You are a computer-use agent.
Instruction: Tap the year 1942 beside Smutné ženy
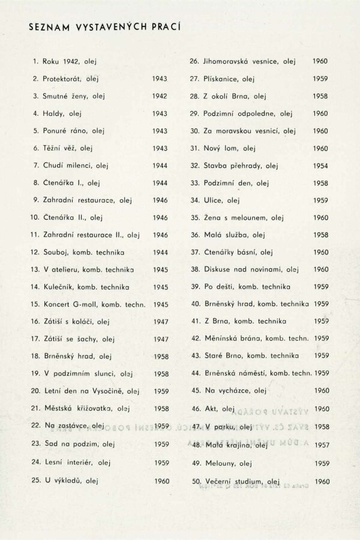[x=160, y=96]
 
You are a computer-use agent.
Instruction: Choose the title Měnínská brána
[x=235, y=339]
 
